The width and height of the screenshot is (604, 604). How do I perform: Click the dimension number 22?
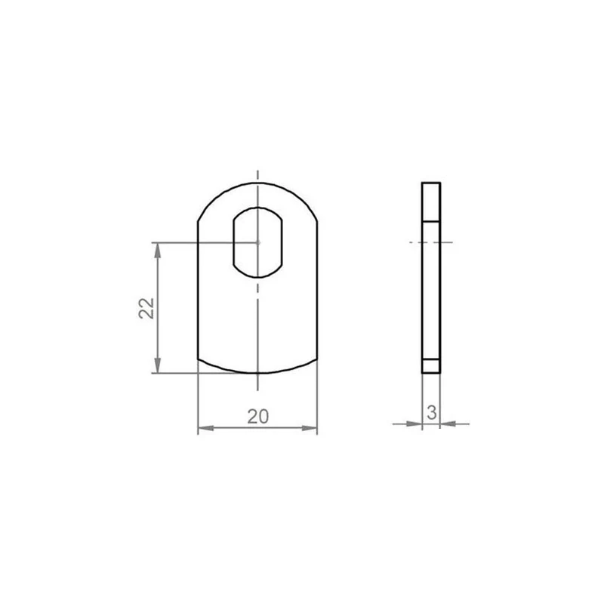146,308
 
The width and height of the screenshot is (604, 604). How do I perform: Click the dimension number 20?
258,417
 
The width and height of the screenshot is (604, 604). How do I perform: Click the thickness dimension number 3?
432,412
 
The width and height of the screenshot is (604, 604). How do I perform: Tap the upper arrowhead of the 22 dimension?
157,251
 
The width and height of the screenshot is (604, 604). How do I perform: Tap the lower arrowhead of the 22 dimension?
157,365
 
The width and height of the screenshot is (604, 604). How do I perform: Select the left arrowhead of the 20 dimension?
205,428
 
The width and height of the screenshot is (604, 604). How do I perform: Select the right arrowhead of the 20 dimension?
310,428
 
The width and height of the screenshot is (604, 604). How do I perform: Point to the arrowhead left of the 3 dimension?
414,424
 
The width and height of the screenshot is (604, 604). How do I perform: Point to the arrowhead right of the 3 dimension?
448,424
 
